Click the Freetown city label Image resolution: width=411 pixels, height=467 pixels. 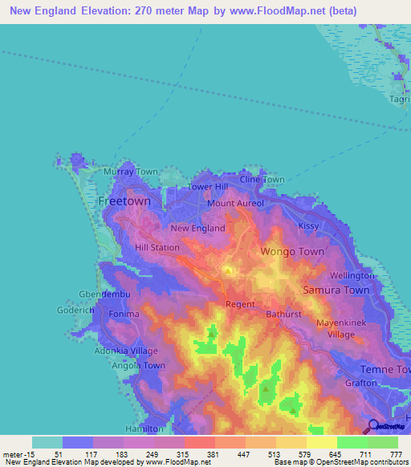pos(124,202)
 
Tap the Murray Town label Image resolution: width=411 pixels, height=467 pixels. pos(131,172)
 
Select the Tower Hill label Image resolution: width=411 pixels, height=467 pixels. pos(208,187)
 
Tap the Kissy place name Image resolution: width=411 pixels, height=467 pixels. pos(308,226)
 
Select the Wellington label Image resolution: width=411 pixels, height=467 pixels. pos(352,275)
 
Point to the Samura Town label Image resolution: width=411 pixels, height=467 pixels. pos(336,290)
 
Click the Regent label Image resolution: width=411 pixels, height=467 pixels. pos(240,304)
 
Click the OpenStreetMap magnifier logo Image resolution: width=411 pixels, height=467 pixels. pos(373,425)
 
